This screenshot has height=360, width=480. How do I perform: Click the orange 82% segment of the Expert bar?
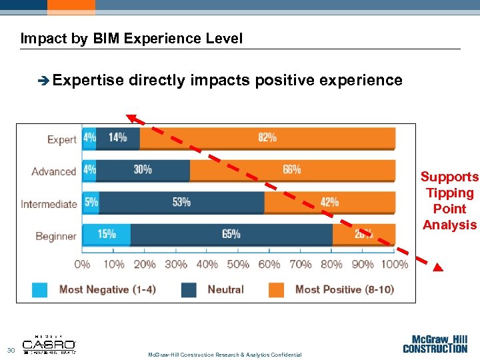pyautogui.click(x=267, y=138)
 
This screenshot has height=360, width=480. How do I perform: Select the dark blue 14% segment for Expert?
pyautogui.click(x=118, y=138)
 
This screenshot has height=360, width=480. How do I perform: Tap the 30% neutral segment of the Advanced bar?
pyautogui.click(x=143, y=170)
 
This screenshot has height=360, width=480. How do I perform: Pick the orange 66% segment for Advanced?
pyautogui.click(x=292, y=170)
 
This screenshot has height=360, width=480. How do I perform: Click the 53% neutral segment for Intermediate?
pyautogui.click(x=181, y=202)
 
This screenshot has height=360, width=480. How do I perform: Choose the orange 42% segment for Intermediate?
pyautogui.click(x=329, y=202)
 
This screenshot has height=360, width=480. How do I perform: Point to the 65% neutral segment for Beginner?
pyautogui.click(x=231, y=234)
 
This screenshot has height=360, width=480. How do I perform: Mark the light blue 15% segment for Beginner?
pyautogui.click(x=106, y=234)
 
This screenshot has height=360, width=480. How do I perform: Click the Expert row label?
pyautogui.click(x=62, y=140)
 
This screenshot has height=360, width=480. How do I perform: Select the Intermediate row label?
pyautogui.click(x=49, y=204)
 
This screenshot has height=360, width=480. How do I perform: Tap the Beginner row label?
pyautogui.click(x=56, y=236)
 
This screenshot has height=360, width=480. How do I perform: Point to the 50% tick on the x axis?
pyautogui.click(x=238, y=264)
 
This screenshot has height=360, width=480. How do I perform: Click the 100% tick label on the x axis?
pyautogui.click(x=394, y=264)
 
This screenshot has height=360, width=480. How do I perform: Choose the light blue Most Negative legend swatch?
pyautogui.click(x=40, y=289)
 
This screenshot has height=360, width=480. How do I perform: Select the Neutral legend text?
pyautogui.click(x=225, y=289)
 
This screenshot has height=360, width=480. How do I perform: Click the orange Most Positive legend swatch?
pyautogui.click(x=277, y=289)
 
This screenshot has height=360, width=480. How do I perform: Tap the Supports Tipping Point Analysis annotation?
pyautogui.click(x=449, y=201)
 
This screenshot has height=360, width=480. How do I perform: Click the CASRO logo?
pyautogui.click(x=49, y=345)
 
